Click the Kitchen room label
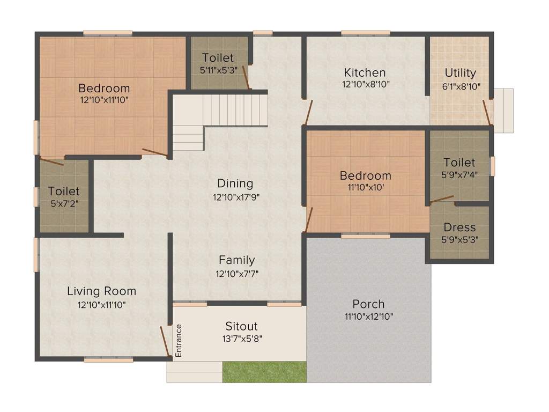pyautogui.click(x=365, y=72)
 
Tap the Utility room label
pyautogui.click(x=460, y=73)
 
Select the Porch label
pyautogui.click(x=368, y=304)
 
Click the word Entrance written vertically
pyautogui.click(x=179, y=341)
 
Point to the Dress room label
pyautogui.click(x=459, y=227)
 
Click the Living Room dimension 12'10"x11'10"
pyautogui.click(x=101, y=304)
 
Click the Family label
pyautogui.click(x=236, y=260)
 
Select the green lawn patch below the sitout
pyautogui.click(x=264, y=372)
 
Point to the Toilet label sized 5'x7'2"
pyautogui.click(x=64, y=191)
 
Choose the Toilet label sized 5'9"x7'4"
pyautogui.click(x=459, y=162)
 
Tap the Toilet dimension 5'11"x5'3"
pyautogui.click(x=218, y=70)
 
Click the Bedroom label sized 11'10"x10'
pyautogui.click(x=366, y=175)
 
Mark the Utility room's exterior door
pyautogui.click(x=487, y=112)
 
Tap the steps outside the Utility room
pyautogui.click(x=503, y=111)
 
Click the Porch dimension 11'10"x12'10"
pyautogui.click(x=368, y=317)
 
